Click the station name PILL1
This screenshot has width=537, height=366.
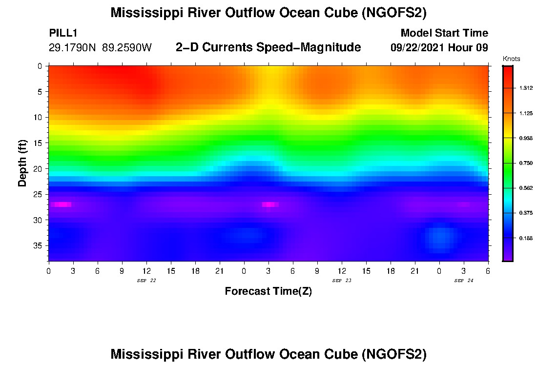[x=63, y=33]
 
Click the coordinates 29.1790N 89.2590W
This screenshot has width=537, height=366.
[x=100, y=48]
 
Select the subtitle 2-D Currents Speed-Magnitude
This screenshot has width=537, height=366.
[x=268, y=47]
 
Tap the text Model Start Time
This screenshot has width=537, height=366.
[x=444, y=33]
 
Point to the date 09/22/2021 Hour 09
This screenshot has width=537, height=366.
[x=439, y=48]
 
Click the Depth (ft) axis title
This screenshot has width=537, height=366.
[x=22, y=163]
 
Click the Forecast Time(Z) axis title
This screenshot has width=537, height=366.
[x=268, y=291]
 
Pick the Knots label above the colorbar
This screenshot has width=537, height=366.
[x=511, y=59]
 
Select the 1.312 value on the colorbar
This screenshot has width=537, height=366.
[x=525, y=88]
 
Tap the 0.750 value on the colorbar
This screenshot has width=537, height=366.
[x=525, y=163]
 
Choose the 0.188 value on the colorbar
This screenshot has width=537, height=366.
[x=525, y=238]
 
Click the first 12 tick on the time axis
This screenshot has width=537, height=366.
[x=146, y=270]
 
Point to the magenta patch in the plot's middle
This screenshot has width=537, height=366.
[x=269, y=204]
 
